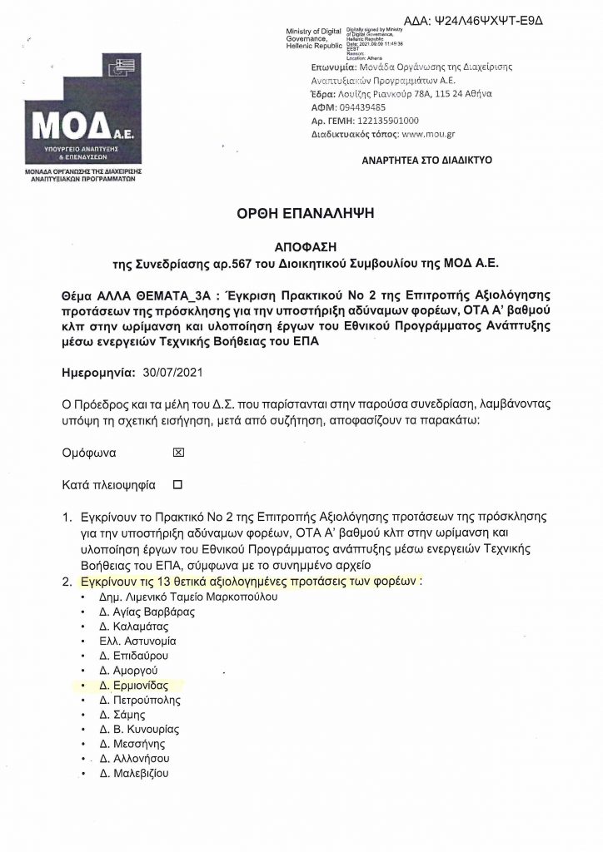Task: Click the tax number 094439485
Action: coord(362,108)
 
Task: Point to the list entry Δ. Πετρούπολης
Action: coord(138,701)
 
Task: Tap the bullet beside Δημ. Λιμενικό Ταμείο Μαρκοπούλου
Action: coord(82,598)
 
